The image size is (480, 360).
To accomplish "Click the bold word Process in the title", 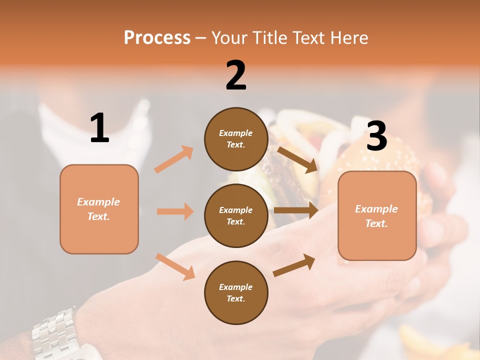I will point(157,37).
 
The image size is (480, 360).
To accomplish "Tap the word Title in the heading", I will point(270,37).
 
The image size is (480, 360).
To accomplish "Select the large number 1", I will point(99,128).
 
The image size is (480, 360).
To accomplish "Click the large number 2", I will point(236,75).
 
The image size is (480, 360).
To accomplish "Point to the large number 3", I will point(376,136).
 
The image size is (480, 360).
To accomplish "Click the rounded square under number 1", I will point(99,209).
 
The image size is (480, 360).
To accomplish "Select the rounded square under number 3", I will point(377,216).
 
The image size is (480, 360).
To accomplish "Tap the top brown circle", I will point(236,139).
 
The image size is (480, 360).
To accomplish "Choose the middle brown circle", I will point(236,216).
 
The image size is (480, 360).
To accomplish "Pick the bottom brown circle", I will point(236,292).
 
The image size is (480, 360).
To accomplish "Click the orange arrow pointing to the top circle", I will point(174,159).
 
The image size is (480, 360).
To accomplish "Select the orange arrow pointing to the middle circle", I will point(175,211).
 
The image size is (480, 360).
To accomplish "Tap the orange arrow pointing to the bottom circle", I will point(175,266).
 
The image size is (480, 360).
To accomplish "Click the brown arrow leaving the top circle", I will point(297,159).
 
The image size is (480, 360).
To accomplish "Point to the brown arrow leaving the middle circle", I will point(296,210).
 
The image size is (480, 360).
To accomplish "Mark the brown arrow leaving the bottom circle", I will point(294,265).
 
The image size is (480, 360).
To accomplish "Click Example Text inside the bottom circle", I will point(235,293).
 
